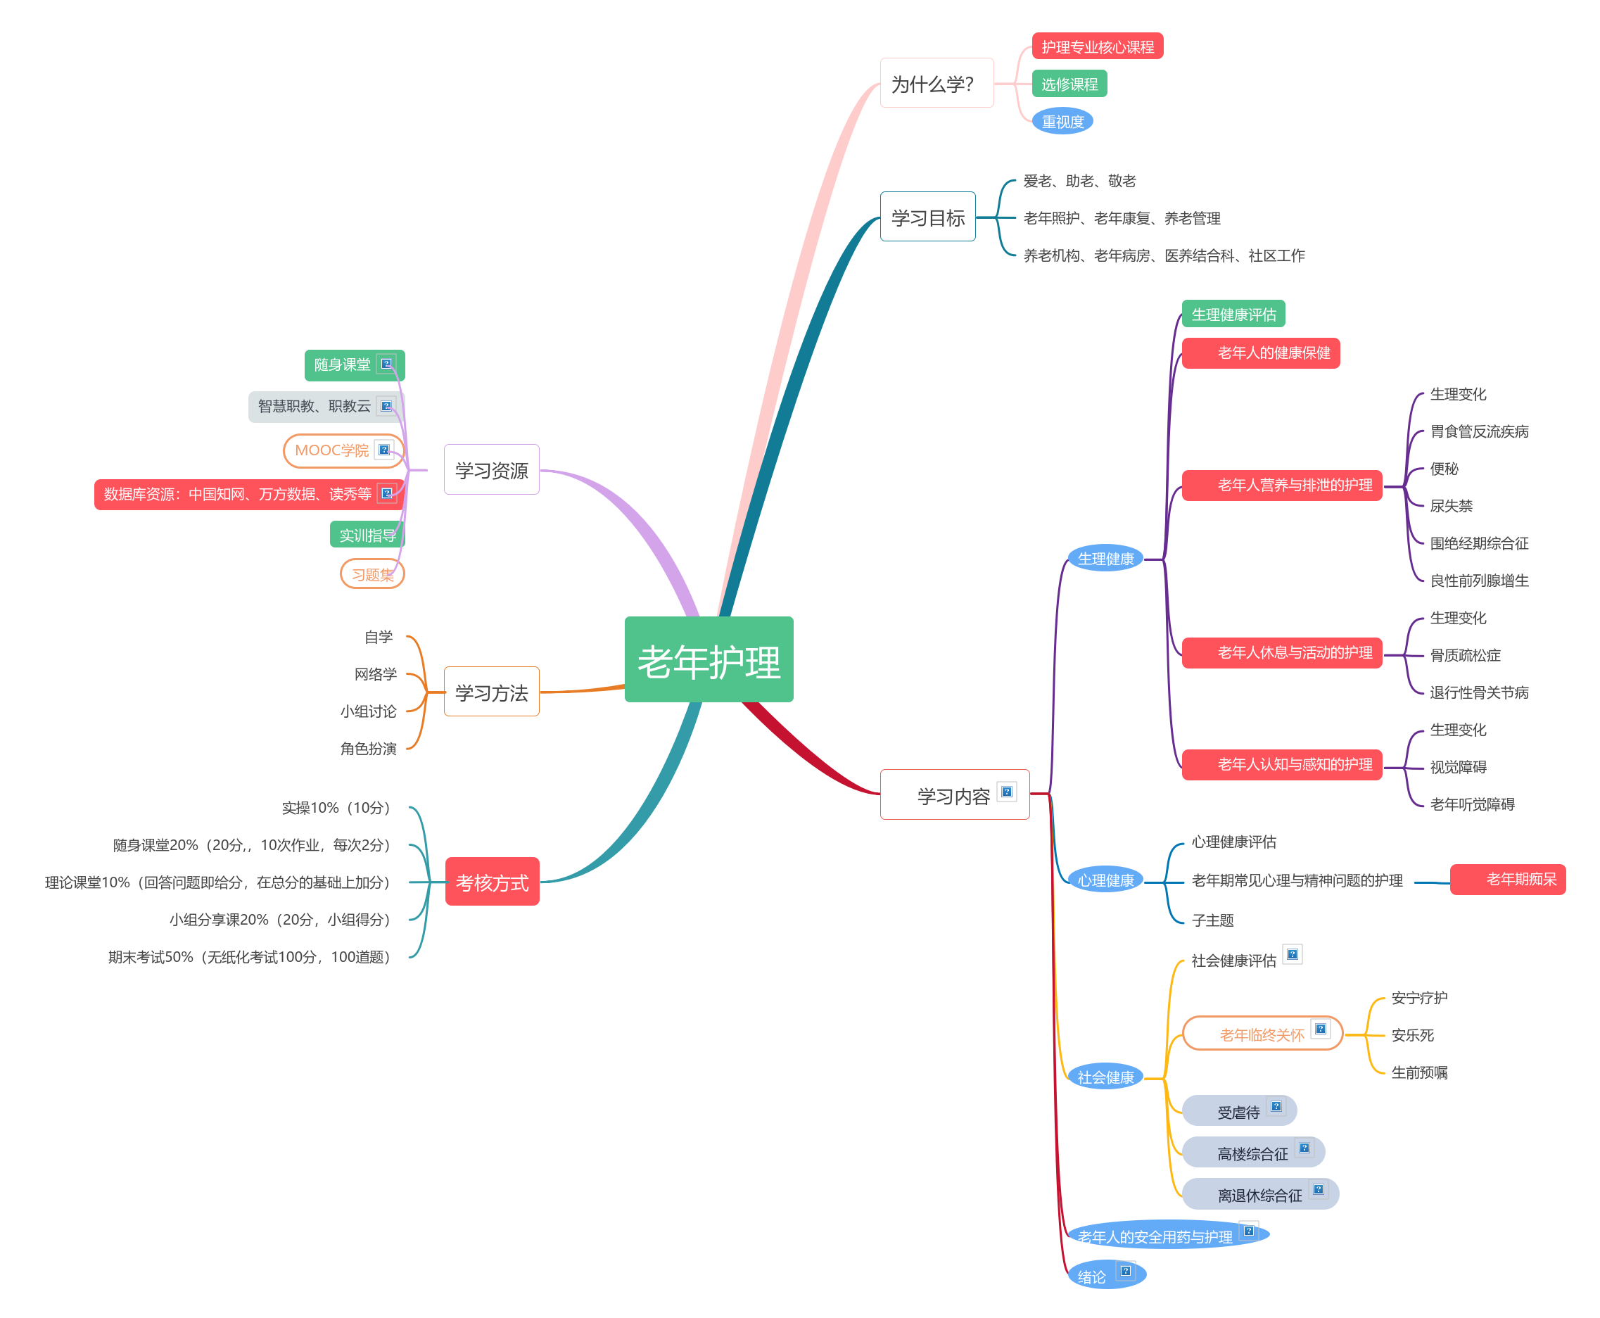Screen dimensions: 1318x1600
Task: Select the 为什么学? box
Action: (936, 84)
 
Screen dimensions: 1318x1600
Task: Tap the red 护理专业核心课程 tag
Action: (1097, 46)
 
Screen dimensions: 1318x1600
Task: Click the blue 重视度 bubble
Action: (1062, 122)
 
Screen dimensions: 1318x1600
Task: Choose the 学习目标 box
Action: (927, 217)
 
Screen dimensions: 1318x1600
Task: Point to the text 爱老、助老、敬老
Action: (1079, 181)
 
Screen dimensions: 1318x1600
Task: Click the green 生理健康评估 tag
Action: (1233, 315)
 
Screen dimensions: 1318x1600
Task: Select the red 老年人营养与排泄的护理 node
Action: (1281, 485)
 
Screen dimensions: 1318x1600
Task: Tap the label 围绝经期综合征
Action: (1478, 543)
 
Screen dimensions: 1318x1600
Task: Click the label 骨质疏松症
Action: (1465, 655)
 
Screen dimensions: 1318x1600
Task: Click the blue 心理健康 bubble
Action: (1105, 880)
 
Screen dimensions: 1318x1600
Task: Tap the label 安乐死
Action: (1411, 1035)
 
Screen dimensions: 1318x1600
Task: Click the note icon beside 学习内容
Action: (1006, 792)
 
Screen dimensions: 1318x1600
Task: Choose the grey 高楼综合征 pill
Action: (1252, 1153)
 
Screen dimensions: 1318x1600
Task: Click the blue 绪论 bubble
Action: (1092, 1276)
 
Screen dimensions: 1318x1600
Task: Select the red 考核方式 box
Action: (492, 882)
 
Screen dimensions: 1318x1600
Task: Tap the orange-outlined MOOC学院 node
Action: (332, 450)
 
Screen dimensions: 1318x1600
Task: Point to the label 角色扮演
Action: (368, 749)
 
